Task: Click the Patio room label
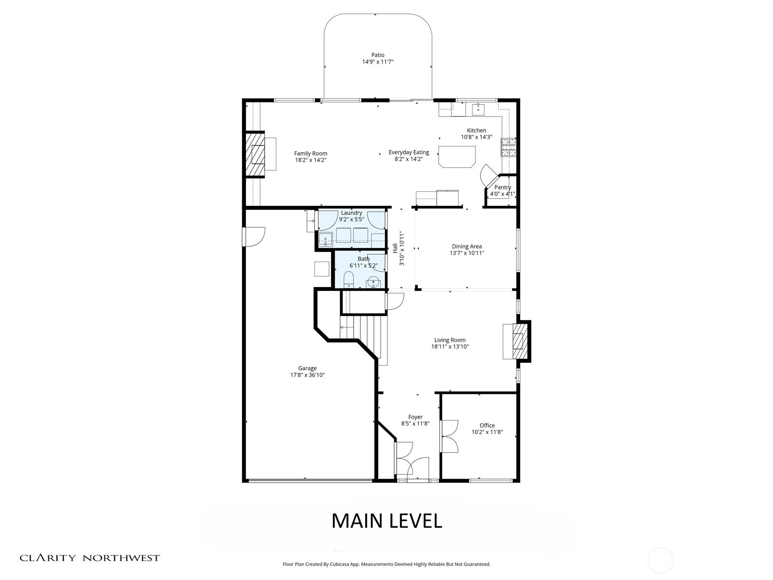click(x=378, y=55)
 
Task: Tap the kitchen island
click(x=457, y=156)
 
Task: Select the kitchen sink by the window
click(x=478, y=109)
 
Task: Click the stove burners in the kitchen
click(x=508, y=147)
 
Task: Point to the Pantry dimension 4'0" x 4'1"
click(x=502, y=194)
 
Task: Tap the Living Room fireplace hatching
click(x=518, y=341)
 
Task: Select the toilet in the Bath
click(x=349, y=280)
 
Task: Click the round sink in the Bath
click(x=373, y=282)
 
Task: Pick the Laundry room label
click(x=351, y=213)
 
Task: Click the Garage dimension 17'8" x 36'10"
click(x=307, y=375)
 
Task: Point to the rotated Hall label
click(x=395, y=248)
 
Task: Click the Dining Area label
click(x=466, y=246)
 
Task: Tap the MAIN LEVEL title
click(x=386, y=521)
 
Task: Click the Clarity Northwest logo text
click(x=89, y=558)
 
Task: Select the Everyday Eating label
click(x=409, y=152)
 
